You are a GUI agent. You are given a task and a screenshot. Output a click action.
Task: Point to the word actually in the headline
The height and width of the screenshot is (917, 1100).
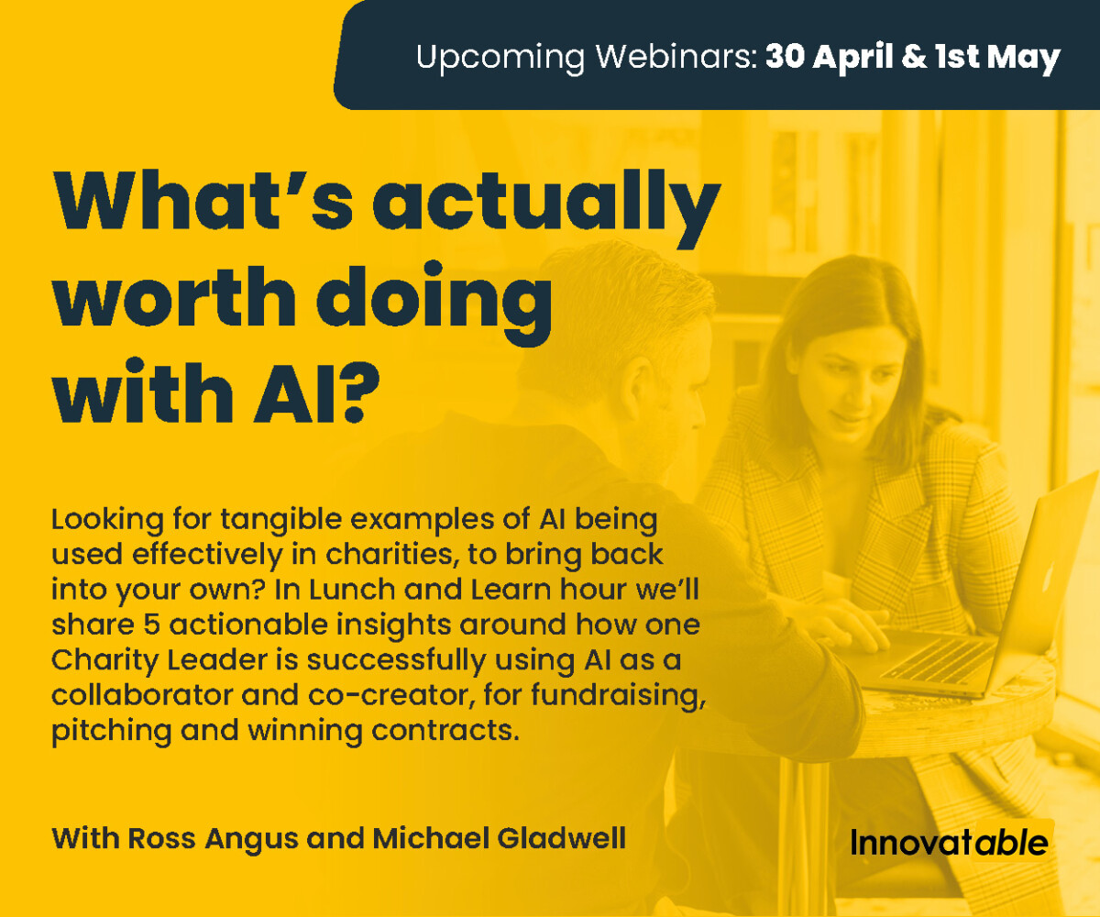point(546,208)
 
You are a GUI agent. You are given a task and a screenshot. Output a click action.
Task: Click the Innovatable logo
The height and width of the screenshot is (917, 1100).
point(950,842)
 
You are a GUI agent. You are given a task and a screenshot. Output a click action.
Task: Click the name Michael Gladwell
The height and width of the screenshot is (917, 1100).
point(500,838)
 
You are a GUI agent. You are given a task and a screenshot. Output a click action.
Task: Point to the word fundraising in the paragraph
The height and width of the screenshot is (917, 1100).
point(619,696)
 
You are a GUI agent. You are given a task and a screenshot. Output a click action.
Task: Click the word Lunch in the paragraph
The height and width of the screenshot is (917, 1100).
point(352,590)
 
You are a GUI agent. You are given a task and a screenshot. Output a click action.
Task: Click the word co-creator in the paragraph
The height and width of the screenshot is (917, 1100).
point(387,696)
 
